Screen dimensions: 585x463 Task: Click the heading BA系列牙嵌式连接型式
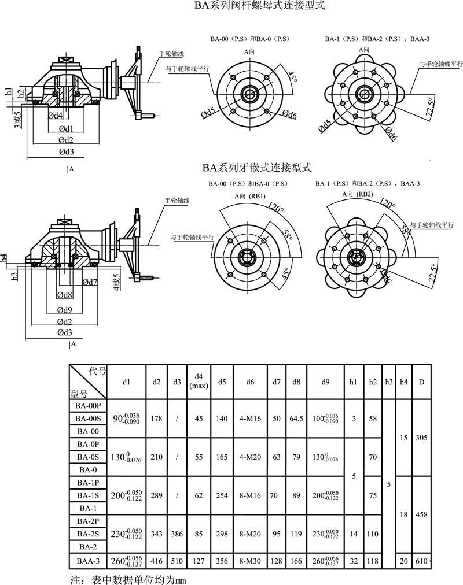(257, 168)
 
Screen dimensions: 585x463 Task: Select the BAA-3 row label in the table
(89, 560)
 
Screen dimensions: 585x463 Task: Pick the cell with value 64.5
(296, 419)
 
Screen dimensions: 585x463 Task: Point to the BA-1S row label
(89, 495)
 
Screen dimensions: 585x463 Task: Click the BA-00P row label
(89, 406)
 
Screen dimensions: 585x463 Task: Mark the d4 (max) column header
(199, 382)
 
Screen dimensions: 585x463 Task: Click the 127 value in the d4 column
(199, 560)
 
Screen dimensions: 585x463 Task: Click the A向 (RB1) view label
(250, 196)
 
